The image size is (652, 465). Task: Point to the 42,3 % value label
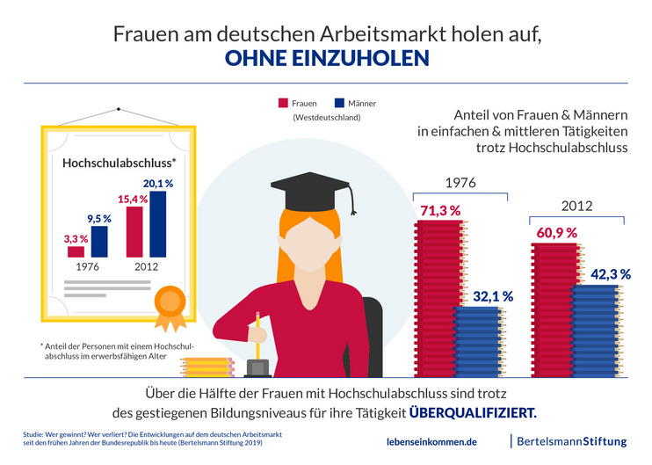[610, 274]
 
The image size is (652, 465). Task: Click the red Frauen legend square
[284, 102]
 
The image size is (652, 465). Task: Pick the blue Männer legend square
[340, 102]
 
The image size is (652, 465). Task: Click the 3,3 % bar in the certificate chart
[76, 251]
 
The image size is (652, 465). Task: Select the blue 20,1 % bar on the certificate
[157, 224]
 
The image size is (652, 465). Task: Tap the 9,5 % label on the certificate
[98, 219]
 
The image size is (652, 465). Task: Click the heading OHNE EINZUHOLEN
[326, 59]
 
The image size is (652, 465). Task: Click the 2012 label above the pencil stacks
[576, 207]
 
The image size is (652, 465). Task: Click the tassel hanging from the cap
[352, 203]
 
